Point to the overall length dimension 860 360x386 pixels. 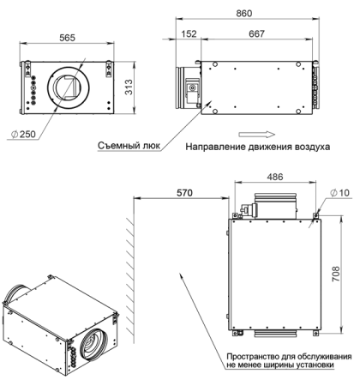244,15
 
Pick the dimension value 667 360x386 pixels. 255,34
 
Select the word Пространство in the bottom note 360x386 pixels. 252,355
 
